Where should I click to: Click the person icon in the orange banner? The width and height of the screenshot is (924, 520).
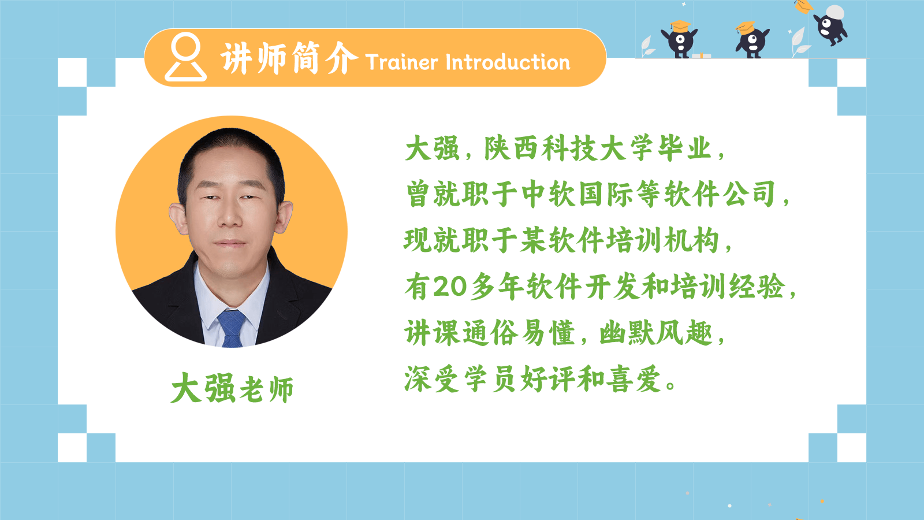[185, 57]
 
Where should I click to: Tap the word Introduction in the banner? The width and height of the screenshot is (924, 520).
[508, 62]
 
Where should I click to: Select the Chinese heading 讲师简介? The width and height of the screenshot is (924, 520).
[289, 58]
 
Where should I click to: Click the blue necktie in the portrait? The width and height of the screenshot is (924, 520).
[232, 328]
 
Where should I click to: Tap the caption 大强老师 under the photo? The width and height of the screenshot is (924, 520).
[232, 388]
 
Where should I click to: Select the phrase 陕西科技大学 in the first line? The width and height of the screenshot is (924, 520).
[568, 148]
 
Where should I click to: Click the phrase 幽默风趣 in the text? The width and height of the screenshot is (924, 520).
[656, 333]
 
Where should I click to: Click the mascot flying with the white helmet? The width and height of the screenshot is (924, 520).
[831, 25]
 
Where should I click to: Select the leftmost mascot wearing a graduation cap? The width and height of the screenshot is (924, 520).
[679, 39]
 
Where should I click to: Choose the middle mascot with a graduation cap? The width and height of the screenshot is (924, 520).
[752, 40]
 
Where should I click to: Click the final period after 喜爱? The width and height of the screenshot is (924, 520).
[670, 385]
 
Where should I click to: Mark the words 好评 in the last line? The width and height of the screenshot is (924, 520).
[548, 379]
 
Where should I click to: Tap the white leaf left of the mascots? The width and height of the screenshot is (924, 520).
[647, 46]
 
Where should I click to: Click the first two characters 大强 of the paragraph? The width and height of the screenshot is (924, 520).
[433, 148]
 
